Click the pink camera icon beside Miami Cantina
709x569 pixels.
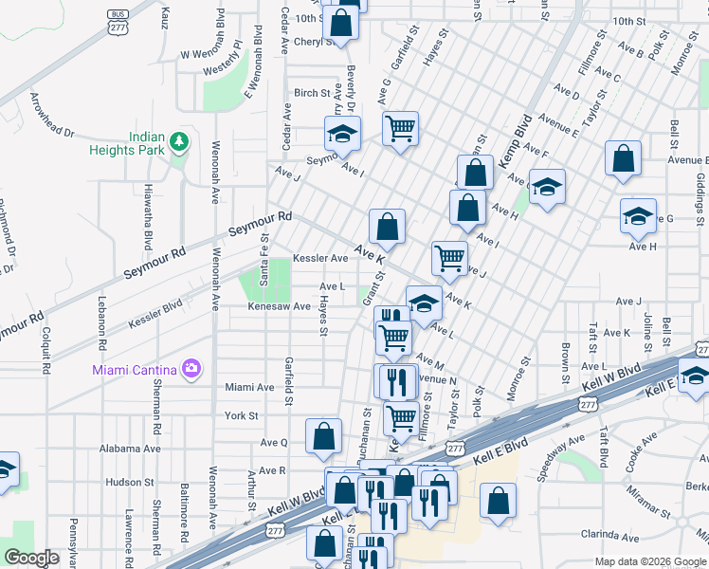coord(191,368)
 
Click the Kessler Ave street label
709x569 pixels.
coord(319,258)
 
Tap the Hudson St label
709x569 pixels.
coord(123,482)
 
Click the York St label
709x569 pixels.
coord(242,416)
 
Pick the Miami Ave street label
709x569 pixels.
coord(249,387)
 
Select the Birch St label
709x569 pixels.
coord(312,93)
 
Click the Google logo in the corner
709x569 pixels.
coord(31,558)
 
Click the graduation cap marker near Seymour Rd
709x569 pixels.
coord(342,134)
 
